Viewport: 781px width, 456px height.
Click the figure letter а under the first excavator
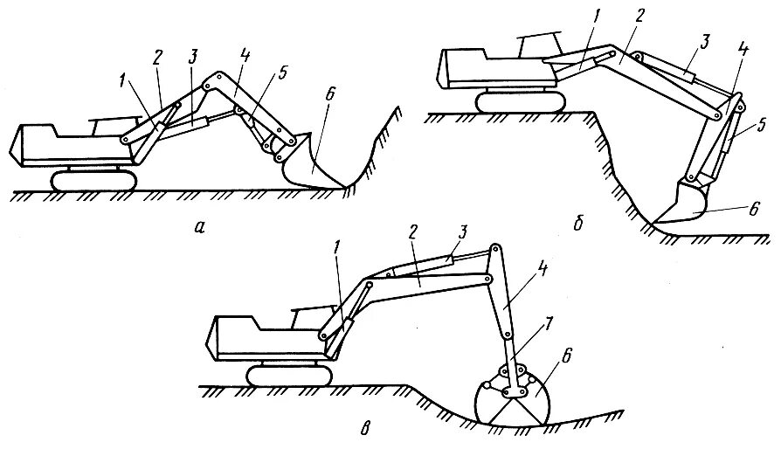click(x=200, y=228)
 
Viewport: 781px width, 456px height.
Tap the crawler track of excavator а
click(x=94, y=180)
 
